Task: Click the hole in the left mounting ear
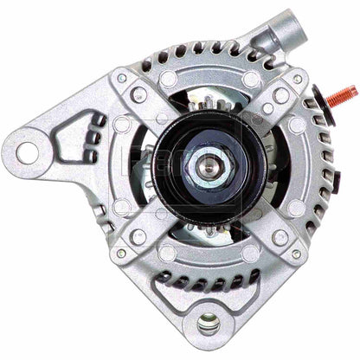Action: click(27, 153)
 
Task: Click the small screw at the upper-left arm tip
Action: click(122, 79)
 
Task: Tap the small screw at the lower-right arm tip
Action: click(296, 254)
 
